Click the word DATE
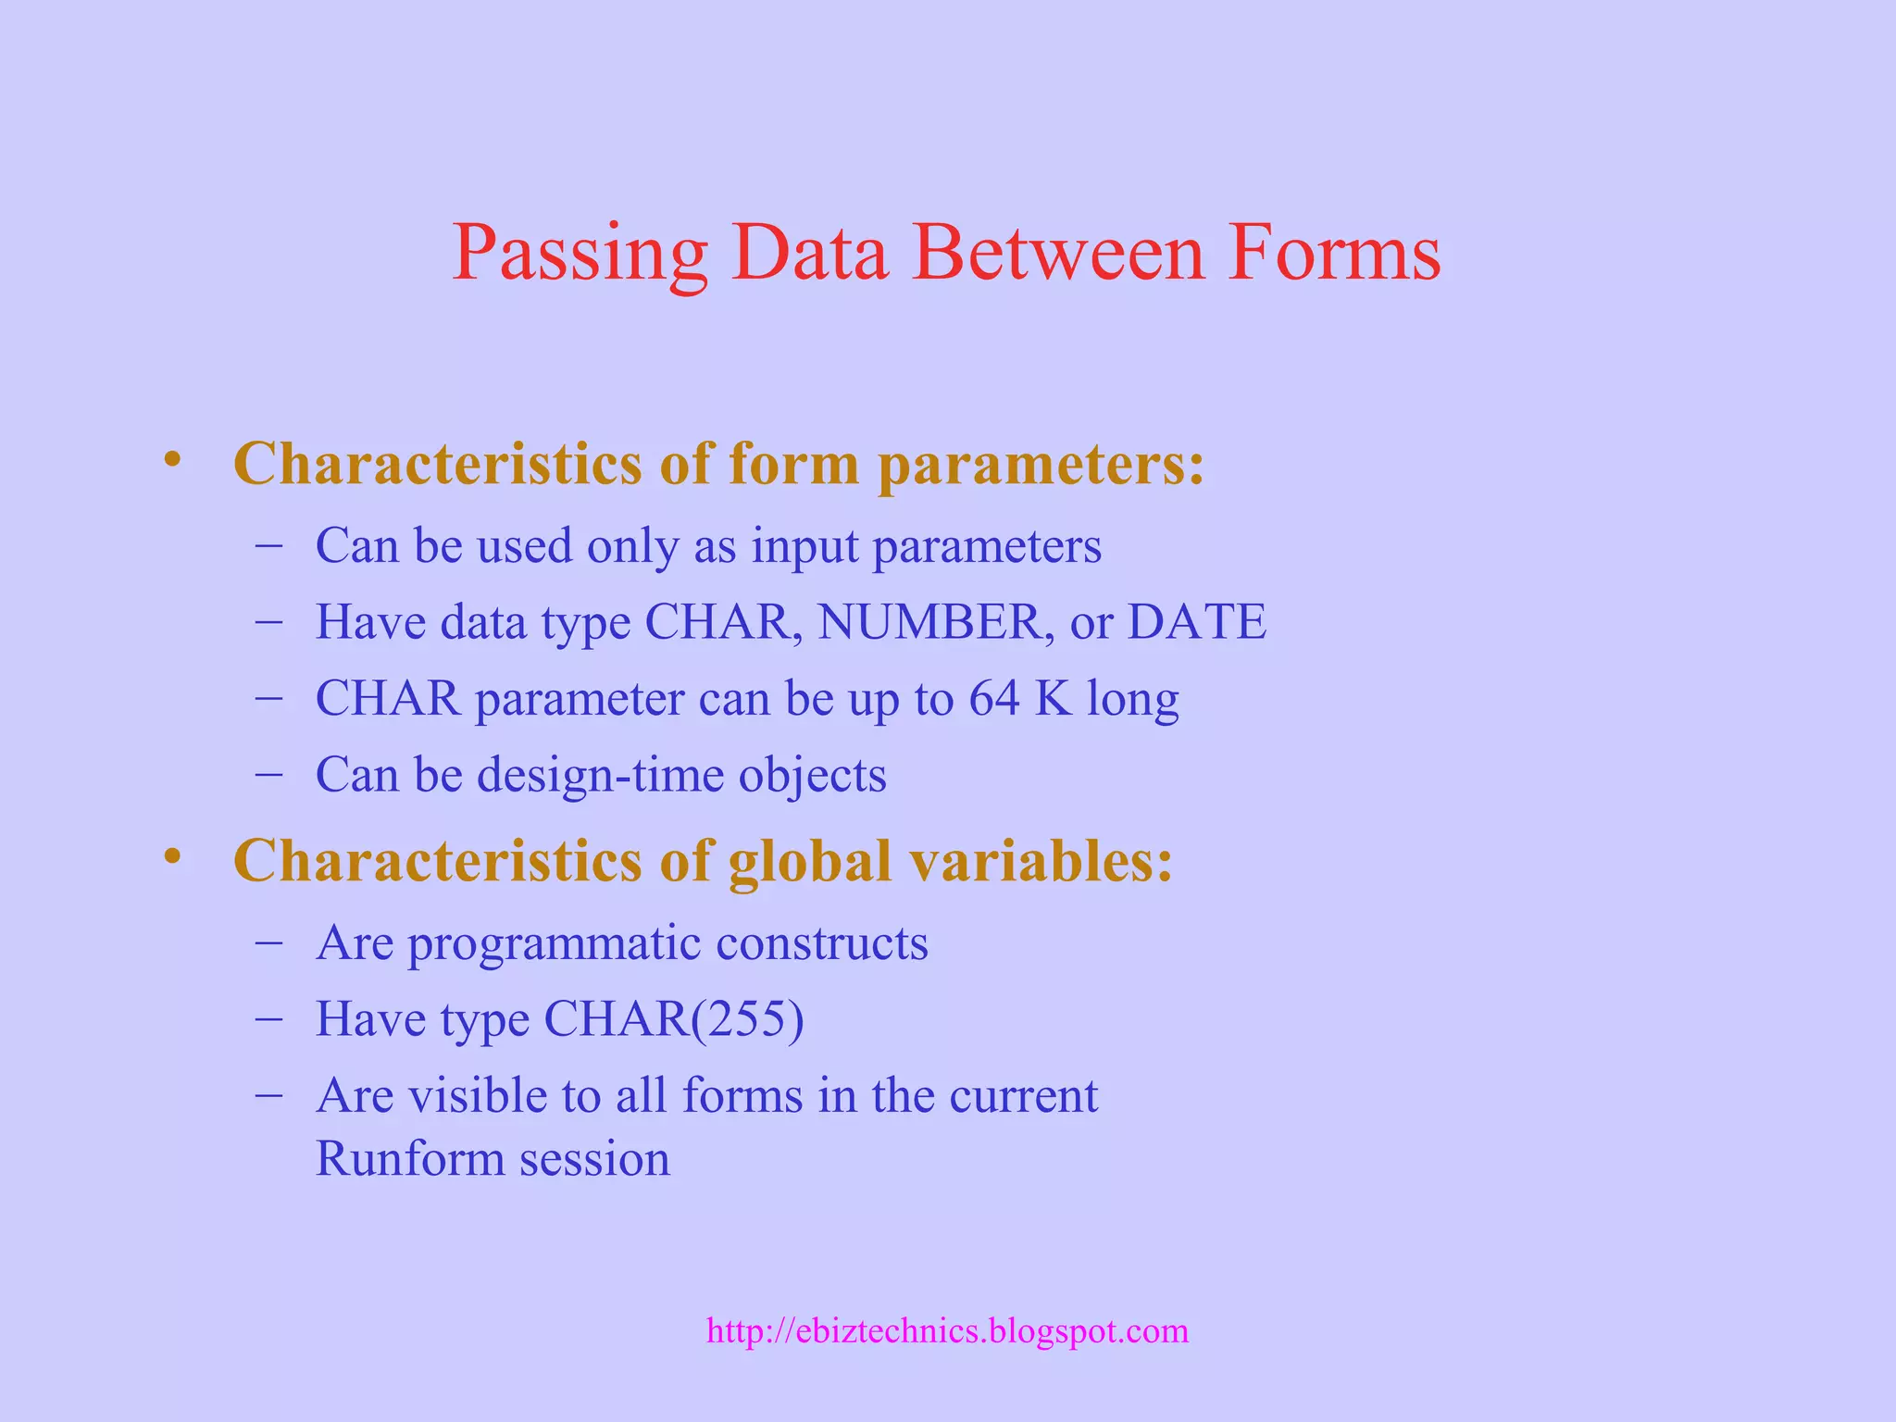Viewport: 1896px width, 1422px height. click(x=1196, y=621)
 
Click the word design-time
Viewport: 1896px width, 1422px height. click(x=600, y=775)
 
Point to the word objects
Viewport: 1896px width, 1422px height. click(x=812, y=775)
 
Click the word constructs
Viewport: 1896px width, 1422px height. click(x=821, y=943)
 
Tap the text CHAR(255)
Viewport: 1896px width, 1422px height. click(x=673, y=1019)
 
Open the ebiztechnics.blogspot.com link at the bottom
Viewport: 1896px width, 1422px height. click(x=947, y=1331)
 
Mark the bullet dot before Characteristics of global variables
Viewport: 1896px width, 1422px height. click(x=171, y=856)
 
